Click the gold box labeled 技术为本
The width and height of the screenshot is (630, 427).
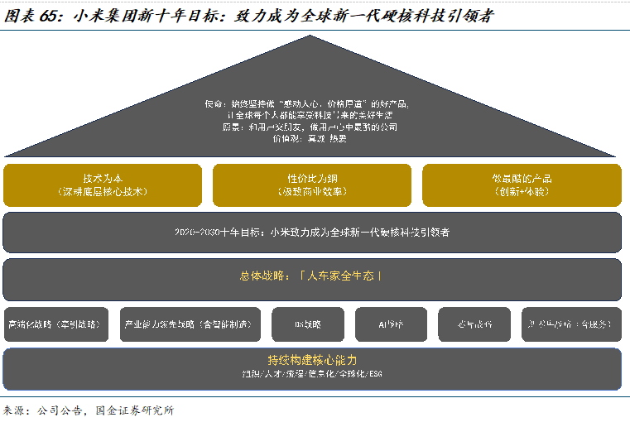tap(103, 185)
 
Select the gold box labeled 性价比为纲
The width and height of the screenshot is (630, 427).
tap(312, 185)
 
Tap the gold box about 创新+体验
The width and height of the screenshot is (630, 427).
tap(522, 185)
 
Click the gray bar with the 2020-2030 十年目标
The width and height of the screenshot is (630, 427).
tap(312, 233)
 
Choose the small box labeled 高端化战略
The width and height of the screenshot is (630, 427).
tap(56, 324)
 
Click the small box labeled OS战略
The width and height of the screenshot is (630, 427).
tap(307, 324)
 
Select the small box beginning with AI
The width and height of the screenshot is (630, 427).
tap(391, 324)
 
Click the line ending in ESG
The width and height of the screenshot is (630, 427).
tap(312, 375)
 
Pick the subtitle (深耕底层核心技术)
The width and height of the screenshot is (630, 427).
tap(103, 192)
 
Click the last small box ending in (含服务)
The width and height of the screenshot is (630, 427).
tap(571, 324)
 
